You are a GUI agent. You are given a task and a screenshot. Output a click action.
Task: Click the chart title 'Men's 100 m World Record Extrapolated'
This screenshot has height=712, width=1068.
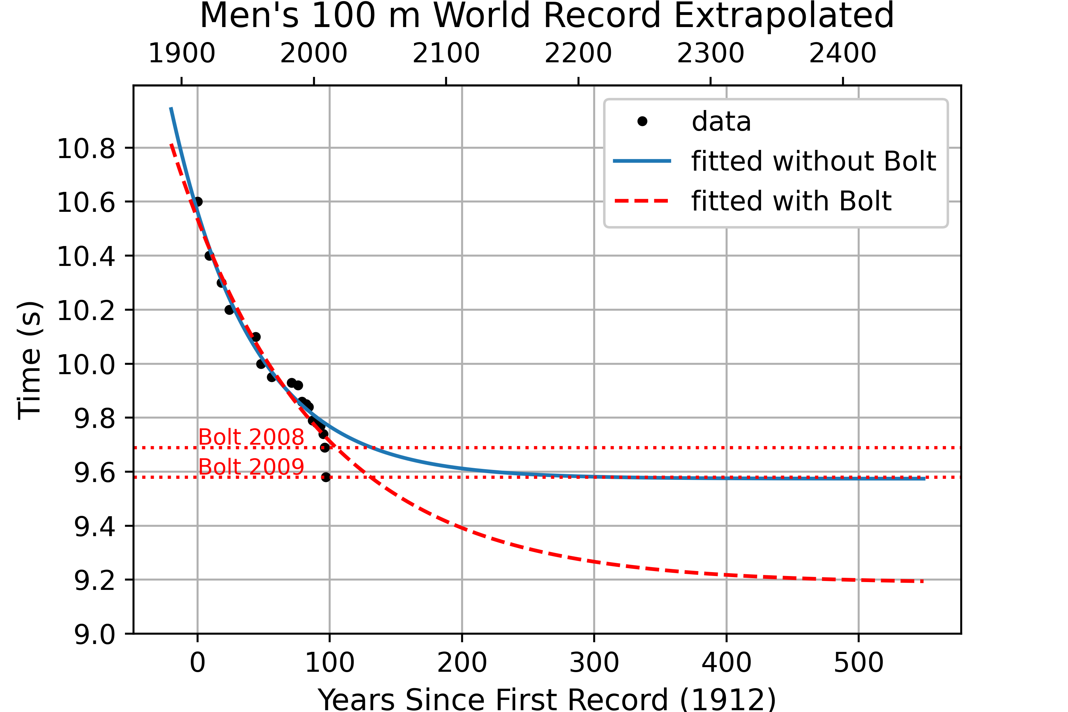(x=547, y=16)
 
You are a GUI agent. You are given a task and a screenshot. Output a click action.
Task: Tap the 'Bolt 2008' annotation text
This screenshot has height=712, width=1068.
(x=251, y=437)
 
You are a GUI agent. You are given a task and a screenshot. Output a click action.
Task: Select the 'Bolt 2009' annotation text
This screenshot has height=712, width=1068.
(x=251, y=467)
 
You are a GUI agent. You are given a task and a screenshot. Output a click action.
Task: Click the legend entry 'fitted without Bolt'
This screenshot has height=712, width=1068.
(x=813, y=161)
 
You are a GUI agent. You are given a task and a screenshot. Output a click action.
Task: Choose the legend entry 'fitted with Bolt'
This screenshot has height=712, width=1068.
(x=791, y=201)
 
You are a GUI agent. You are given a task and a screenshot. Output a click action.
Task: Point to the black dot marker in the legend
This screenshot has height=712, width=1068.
(x=642, y=121)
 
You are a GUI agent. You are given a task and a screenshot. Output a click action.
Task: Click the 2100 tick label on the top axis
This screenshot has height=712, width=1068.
(x=446, y=53)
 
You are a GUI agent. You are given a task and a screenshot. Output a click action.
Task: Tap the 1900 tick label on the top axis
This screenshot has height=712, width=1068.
(x=182, y=53)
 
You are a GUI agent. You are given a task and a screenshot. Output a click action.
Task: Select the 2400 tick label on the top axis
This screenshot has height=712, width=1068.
(x=843, y=53)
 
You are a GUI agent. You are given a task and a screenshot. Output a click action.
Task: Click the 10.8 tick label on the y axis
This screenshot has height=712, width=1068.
(x=86, y=148)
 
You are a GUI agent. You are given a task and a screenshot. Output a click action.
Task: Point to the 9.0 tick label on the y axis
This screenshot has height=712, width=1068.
(x=94, y=634)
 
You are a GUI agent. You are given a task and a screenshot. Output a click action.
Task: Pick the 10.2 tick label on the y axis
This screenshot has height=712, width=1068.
(x=86, y=310)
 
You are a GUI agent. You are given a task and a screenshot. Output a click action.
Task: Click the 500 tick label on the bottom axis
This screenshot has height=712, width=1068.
(x=859, y=663)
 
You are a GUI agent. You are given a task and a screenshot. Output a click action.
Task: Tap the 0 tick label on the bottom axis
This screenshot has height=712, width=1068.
(x=198, y=663)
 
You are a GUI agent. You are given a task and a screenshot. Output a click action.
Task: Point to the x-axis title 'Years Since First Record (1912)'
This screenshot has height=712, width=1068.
(x=547, y=699)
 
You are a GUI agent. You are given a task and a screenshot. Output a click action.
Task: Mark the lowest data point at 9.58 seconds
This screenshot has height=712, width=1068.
(x=326, y=477)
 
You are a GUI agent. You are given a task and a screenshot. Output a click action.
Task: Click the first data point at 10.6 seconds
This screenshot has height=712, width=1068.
(x=198, y=201)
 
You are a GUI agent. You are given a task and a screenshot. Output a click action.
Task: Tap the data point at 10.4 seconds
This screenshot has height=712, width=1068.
(x=209, y=256)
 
